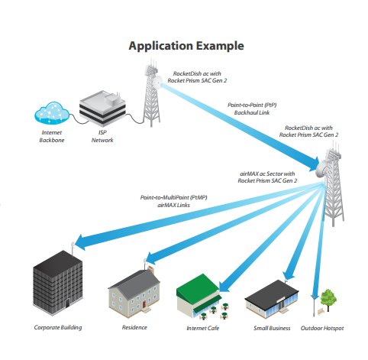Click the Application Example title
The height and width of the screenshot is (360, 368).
click(x=186, y=46)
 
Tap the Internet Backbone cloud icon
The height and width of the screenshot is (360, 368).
click(x=52, y=113)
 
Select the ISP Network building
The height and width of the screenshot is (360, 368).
click(x=102, y=109)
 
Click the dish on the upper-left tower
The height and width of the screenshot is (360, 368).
click(x=157, y=82)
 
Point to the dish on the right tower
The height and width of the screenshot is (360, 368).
click(x=321, y=169)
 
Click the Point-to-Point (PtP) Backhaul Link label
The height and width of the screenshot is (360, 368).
click(x=252, y=109)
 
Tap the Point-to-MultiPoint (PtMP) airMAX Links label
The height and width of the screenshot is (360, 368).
click(x=173, y=201)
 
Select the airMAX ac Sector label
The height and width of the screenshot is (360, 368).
click(x=267, y=177)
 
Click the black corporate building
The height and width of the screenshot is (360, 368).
click(x=58, y=283)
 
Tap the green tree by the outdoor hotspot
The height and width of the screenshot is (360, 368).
click(x=328, y=300)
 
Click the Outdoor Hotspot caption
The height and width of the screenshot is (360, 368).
click(x=322, y=328)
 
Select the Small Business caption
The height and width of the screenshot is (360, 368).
click(x=272, y=328)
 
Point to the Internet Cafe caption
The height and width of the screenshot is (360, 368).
click(x=203, y=328)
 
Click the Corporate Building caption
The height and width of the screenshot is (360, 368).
click(x=58, y=328)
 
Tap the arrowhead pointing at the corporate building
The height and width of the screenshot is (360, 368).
click(x=82, y=243)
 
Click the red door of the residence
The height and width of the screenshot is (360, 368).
click(x=144, y=304)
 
